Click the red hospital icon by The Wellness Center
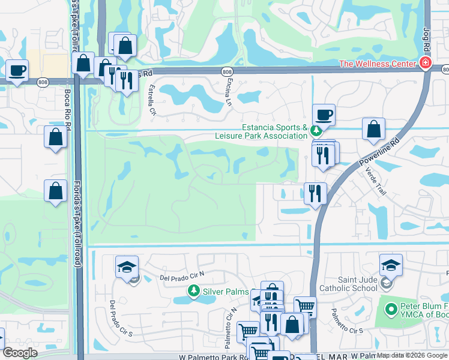(x=425, y=63)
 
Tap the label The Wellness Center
(x=378, y=64)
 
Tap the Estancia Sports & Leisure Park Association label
(x=262, y=131)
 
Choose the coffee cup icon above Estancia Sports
(x=324, y=114)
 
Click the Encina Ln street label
(x=228, y=93)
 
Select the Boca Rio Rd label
(x=68, y=109)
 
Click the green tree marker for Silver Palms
(x=193, y=292)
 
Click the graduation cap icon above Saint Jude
(x=391, y=265)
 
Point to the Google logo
(x=20, y=353)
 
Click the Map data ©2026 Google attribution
(x=412, y=356)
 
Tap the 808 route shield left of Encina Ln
(x=226, y=71)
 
